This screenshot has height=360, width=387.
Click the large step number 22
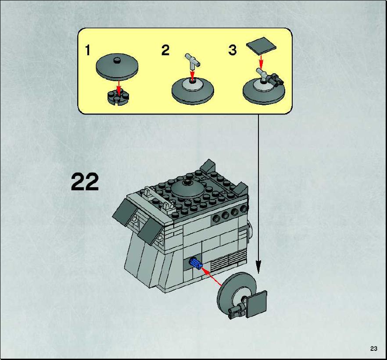click(85, 182)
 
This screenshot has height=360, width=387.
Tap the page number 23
click(373, 349)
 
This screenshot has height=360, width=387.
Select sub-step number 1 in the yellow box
click(87, 50)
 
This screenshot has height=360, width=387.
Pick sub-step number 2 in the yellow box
click(165, 50)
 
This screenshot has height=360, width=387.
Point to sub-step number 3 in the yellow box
click(233, 50)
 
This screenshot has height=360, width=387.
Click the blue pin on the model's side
click(195, 263)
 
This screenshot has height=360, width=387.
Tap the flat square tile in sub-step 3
click(261, 46)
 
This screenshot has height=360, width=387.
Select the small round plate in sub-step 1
click(118, 97)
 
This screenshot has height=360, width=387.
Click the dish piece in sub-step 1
click(117, 67)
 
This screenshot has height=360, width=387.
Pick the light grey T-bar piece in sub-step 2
click(193, 62)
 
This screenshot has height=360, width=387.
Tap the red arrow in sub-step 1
click(119, 88)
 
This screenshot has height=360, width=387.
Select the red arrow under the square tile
click(261, 63)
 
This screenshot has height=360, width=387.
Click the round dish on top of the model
click(188, 189)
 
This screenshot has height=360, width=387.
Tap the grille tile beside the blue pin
click(229, 261)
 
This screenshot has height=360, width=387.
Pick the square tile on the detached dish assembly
click(257, 304)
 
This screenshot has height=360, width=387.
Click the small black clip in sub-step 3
click(276, 79)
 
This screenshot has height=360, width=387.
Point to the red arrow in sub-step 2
click(193, 75)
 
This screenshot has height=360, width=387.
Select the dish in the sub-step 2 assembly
click(193, 91)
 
